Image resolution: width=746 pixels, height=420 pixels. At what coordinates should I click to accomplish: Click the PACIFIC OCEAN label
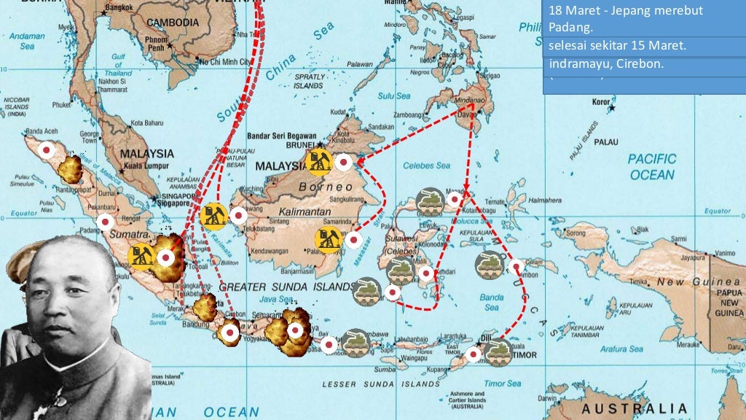coord(652,166)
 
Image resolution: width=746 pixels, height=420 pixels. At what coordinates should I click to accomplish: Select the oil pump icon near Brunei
coord(319,163)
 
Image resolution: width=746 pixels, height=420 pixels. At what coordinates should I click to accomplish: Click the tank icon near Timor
coord(498,351)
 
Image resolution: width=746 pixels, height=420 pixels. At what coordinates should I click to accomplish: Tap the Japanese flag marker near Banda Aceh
coord(47,149)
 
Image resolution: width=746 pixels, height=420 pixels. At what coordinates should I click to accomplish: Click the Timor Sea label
coord(503,382)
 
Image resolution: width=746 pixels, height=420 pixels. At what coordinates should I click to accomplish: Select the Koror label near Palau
coord(600,101)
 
